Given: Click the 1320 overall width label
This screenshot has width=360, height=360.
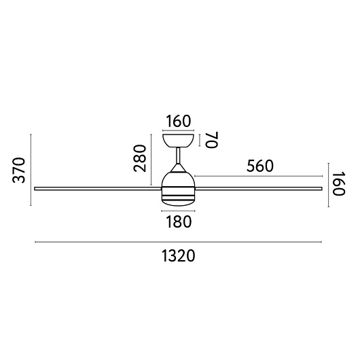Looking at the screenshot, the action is [x=179, y=256].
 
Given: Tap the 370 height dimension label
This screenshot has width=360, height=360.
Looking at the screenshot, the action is [x=18, y=170].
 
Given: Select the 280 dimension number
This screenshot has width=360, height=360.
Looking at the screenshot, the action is [x=140, y=158].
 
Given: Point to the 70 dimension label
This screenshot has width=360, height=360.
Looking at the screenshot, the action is [x=212, y=140].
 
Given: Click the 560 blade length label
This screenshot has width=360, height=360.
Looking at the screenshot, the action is [x=260, y=166].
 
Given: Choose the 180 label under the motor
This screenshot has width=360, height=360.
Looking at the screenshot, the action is [x=179, y=222].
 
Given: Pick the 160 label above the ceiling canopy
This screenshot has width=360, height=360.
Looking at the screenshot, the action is [x=178, y=121].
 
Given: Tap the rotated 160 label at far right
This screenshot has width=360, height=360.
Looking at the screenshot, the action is [x=339, y=183].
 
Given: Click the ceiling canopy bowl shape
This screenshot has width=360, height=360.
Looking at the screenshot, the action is [x=178, y=141].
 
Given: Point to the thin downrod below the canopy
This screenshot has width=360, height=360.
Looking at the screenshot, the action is [x=178, y=156].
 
